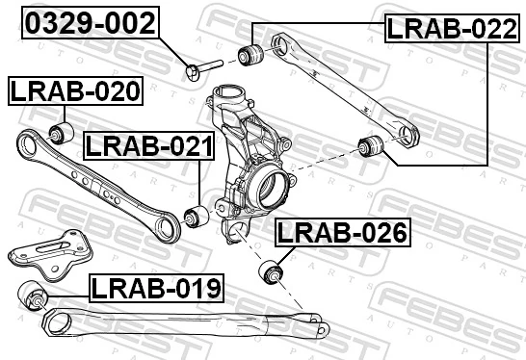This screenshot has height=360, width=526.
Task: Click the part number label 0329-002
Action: (90, 23)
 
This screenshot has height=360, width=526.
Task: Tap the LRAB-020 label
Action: (75, 91)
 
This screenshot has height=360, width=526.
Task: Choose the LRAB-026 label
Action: (342, 232)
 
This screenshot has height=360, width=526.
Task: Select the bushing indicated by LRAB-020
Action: (63, 132)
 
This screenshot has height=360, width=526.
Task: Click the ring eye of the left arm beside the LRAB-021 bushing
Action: (168, 228)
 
